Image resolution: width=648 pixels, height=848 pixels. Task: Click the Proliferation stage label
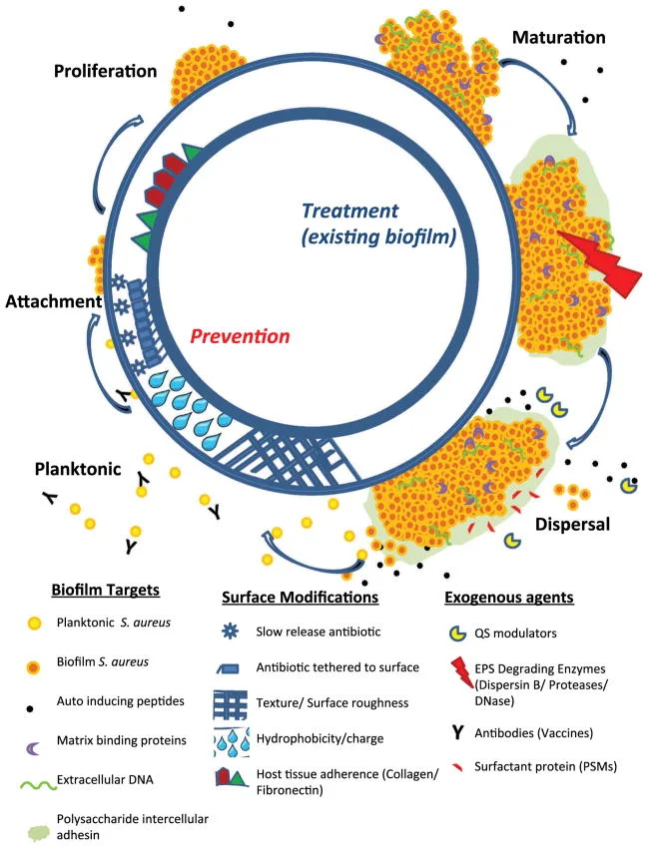click(106, 72)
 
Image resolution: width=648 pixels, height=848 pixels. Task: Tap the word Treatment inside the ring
click(351, 212)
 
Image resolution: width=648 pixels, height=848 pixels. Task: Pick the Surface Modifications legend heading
click(300, 598)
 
